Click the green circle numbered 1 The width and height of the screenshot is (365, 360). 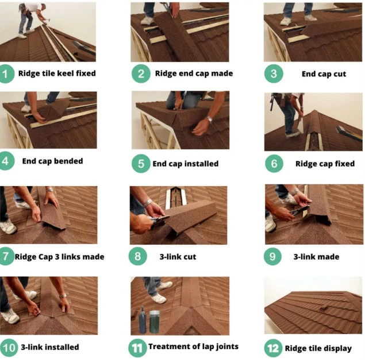(6, 74)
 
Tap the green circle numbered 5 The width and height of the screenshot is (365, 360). (141, 164)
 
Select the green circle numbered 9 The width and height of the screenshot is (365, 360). (272, 256)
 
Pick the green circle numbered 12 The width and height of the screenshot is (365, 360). (273, 348)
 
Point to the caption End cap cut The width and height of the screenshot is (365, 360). (324, 74)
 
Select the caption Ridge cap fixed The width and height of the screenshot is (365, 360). (325, 164)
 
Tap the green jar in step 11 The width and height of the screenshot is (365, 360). (154, 322)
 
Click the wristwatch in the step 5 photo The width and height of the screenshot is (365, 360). (210, 119)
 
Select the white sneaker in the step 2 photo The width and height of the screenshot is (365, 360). (147, 21)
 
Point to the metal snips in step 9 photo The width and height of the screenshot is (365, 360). (299, 210)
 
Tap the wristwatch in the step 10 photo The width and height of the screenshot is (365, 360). (63, 296)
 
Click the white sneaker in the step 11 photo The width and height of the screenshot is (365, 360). (159, 298)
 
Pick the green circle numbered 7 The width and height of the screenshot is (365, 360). (6, 256)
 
